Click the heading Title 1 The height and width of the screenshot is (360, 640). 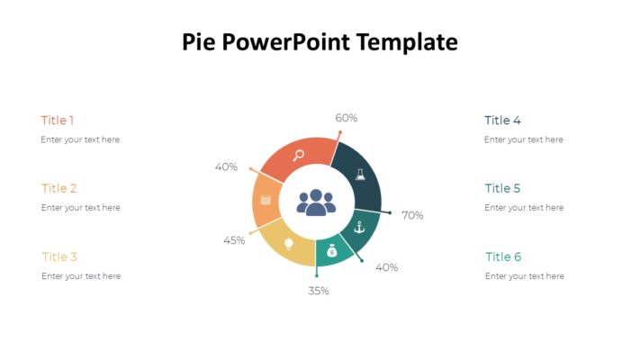[58, 121]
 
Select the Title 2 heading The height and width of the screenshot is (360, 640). [59, 189]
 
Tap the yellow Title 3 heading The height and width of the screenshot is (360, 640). [59, 256]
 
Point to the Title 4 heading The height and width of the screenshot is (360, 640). [502, 121]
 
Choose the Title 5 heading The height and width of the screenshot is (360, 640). [502, 189]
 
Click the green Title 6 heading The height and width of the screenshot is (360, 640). [503, 257]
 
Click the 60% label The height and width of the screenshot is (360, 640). [347, 118]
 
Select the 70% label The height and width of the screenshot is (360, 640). [412, 216]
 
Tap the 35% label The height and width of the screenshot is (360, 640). [319, 291]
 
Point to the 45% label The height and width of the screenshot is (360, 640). [234, 240]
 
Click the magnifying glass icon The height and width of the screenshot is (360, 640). [299, 154]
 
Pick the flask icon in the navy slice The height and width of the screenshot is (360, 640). [360, 175]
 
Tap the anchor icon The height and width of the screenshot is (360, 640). [359, 227]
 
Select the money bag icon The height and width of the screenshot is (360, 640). [332, 251]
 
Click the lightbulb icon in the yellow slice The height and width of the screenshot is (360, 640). [289, 243]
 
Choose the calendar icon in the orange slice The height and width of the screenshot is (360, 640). [266, 200]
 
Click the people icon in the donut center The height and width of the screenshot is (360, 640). [316, 202]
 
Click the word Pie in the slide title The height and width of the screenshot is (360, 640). [200, 42]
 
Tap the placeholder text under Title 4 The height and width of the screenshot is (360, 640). [524, 139]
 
